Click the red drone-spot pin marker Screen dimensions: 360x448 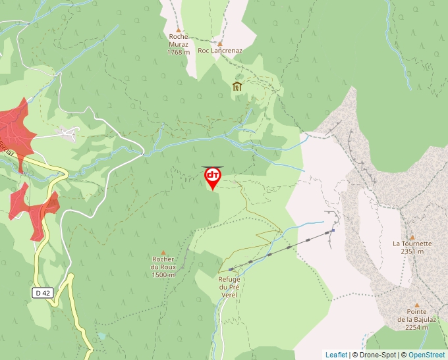[213, 177]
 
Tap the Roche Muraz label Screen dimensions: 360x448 [178, 41]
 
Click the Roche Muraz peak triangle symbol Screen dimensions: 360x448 [178, 30]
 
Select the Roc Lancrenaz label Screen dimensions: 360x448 [220, 50]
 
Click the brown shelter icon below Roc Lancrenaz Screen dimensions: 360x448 [237, 86]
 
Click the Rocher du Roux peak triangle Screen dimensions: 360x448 [163, 251]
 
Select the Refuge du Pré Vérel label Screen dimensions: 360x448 [229, 287]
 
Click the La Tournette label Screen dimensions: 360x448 [412, 243]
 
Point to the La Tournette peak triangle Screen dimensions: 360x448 [412, 237]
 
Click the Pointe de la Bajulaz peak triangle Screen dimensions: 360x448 [416, 305]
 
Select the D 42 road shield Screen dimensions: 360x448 [42, 292]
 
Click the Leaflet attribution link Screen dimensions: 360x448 [336, 355]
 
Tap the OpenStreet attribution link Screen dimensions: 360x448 [426, 355]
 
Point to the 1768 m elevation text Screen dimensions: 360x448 [178, 52]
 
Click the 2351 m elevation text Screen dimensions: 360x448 [412, 251]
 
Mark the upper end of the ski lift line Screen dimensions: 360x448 [333, 230]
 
